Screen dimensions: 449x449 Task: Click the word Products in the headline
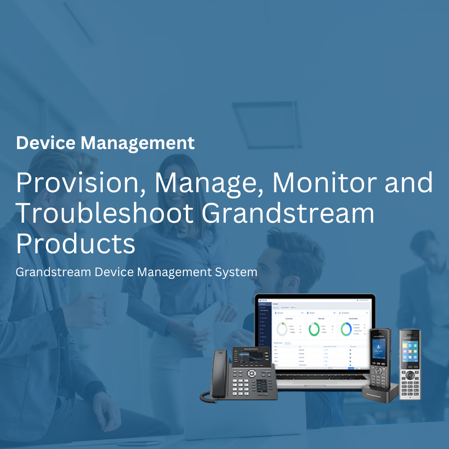click(x=75, y=244)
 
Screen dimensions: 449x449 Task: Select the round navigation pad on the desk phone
click(x=252, y=373)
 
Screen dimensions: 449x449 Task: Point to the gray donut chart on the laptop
click(x=282, y=329)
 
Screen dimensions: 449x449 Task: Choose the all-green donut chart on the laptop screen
click(x=314, y=329)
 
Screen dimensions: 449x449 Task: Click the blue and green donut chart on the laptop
click(x=346, y=329)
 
